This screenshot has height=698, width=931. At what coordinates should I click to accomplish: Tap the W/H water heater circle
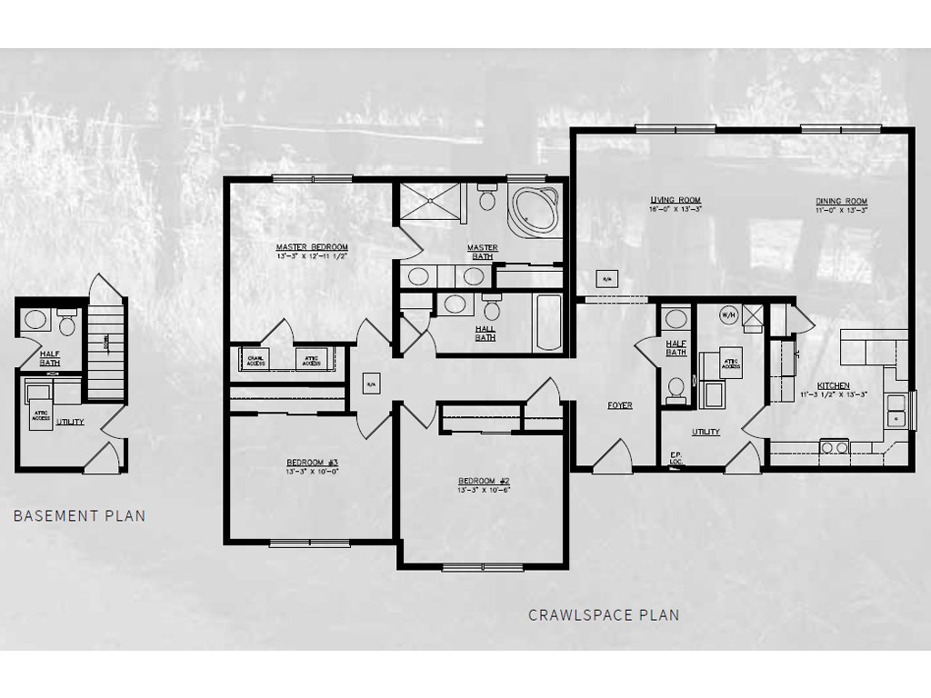[728, 315]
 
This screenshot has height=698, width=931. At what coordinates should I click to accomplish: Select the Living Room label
[676, 201]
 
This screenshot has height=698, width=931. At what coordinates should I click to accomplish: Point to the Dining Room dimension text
[841, 210]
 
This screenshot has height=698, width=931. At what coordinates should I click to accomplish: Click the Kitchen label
[833, 385]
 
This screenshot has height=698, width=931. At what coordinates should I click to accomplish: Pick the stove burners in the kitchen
[835, 446]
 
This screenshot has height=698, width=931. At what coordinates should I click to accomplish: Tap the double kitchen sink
[896, 409]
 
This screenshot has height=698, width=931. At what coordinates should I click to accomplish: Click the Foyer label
[619, 405]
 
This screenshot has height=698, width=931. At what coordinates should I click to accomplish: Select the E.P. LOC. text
[676, 459]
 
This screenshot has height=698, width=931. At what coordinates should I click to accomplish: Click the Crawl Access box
[257, 359]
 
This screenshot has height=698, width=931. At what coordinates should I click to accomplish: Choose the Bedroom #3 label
[312, 463]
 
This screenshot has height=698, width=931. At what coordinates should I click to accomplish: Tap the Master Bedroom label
[312, 247]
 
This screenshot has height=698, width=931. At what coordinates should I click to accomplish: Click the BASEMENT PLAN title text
[79, 516]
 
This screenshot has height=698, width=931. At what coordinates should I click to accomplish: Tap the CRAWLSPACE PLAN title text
[604, 615]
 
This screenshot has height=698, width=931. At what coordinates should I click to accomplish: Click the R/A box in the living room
[606, 278]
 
